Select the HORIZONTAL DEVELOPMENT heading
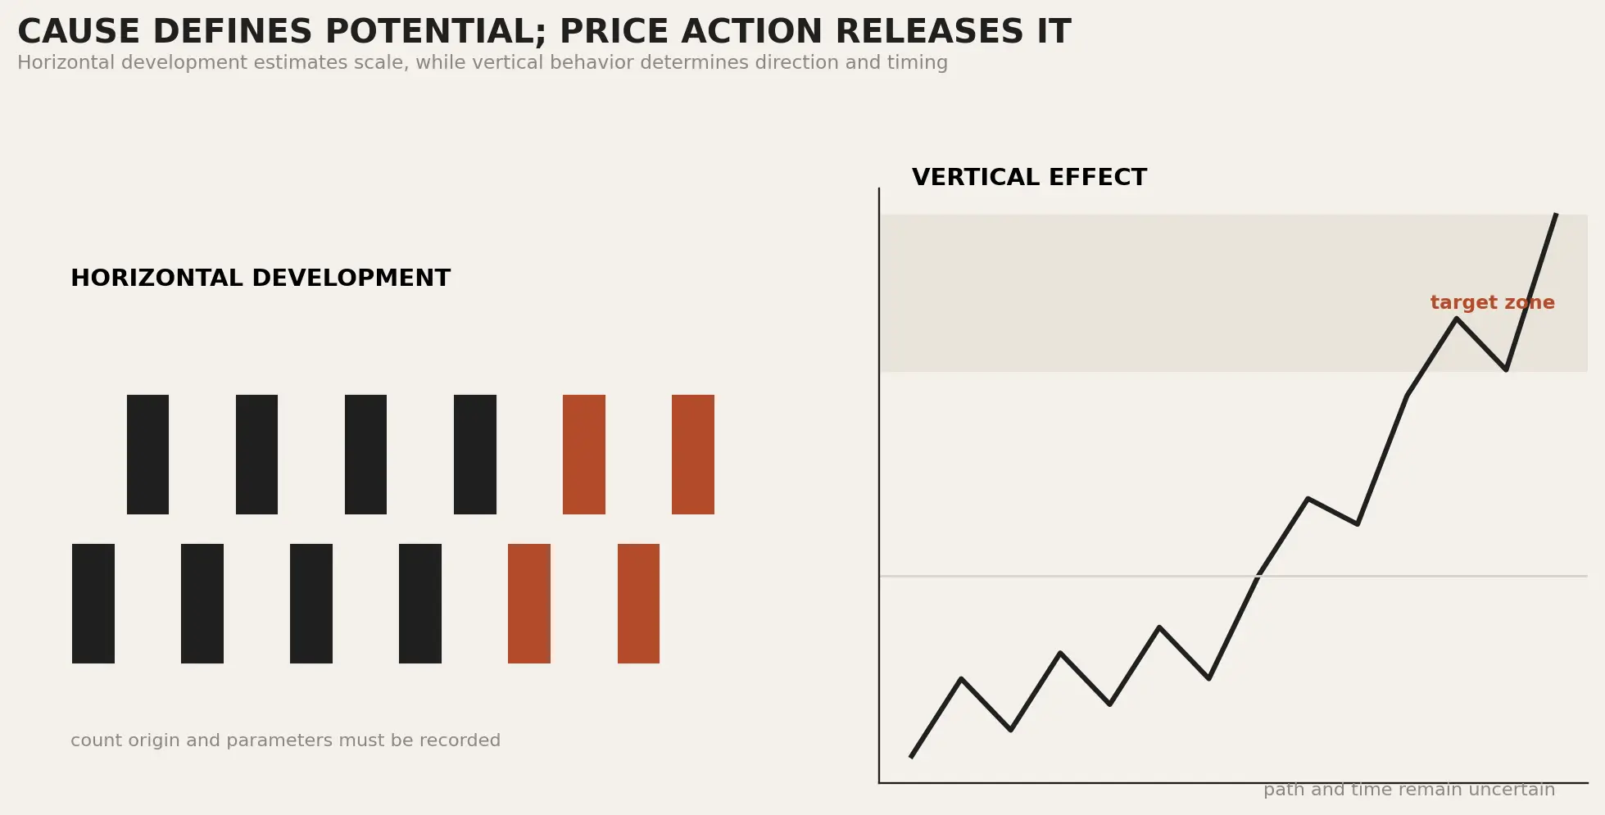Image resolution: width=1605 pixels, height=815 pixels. (261, 278)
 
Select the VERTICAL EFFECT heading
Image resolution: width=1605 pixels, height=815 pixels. (1029, 178)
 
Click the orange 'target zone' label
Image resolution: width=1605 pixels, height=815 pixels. (1492, 303)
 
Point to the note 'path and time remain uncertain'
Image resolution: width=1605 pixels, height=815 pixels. (1408, 790)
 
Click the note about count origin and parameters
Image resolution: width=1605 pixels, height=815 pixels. (285, 740)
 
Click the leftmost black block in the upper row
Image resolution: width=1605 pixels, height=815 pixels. (147, 455)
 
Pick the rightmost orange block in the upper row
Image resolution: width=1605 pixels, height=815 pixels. (693, 455)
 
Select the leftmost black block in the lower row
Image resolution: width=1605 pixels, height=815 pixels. (93, 604)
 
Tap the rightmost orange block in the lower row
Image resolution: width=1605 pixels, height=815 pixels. (638, 604)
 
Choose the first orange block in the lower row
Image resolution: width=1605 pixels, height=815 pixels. (529, 604)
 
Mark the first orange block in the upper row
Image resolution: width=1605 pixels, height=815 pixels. (584, 455)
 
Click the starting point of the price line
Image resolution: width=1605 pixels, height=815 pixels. (911, 757)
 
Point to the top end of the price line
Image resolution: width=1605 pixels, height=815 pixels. (1556, 215)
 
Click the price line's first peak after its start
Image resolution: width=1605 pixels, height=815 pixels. (961, 679)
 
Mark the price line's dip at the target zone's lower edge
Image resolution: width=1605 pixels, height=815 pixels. (1506, 369)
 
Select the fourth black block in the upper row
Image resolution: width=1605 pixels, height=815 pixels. (475, 455)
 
